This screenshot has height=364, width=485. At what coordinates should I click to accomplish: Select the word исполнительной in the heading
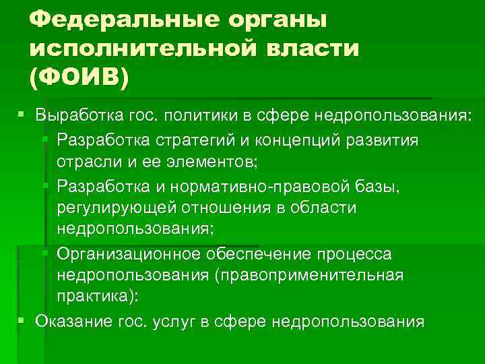click(138, 49)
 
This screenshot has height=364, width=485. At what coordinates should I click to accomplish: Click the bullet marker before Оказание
click(22, 320)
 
